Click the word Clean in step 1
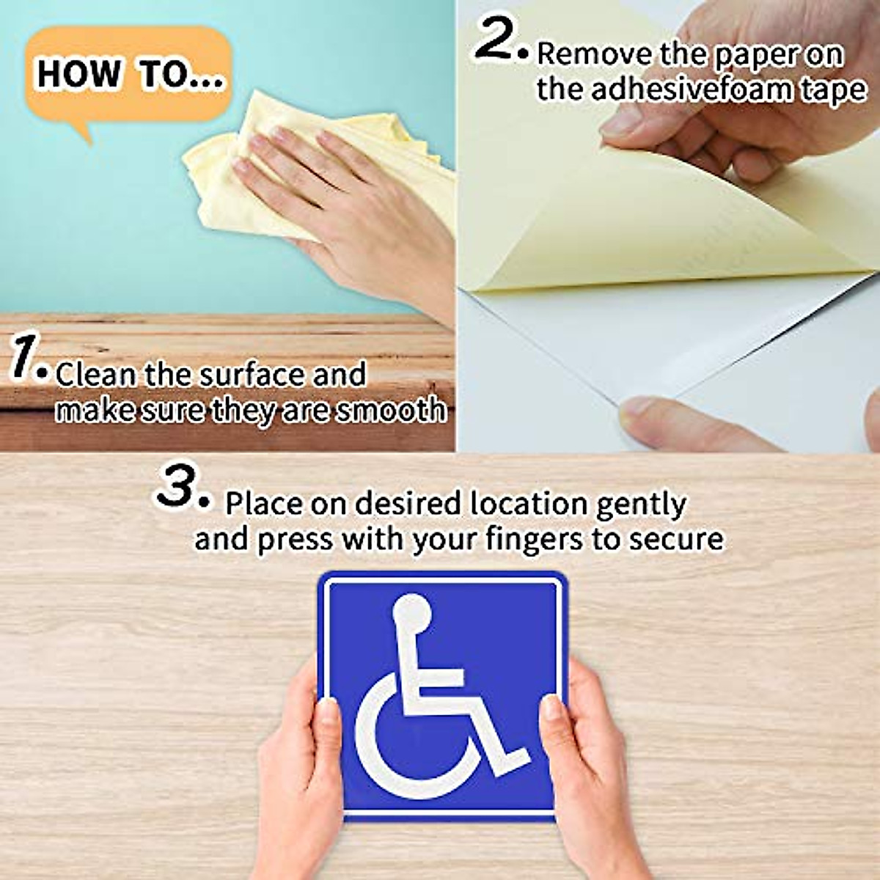point(96,375)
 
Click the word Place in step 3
point(263,504)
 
